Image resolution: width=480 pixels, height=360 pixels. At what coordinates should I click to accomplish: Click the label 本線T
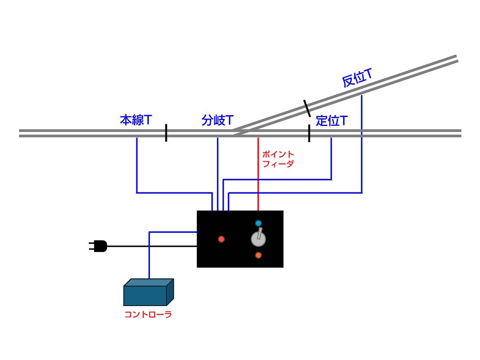point(136,120)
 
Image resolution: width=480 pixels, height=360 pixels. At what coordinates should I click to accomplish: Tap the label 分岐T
point(217,120)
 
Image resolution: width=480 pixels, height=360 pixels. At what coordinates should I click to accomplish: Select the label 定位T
point(331,120)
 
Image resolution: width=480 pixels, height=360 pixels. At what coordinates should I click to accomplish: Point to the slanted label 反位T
point(357,78)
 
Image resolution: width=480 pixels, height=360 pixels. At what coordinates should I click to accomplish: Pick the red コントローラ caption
point(148,314)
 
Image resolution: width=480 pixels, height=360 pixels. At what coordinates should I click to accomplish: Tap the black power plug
point(99,246)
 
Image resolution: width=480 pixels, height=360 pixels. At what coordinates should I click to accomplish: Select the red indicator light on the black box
point(221,239)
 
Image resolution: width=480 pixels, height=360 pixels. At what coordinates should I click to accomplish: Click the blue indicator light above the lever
point(258,223)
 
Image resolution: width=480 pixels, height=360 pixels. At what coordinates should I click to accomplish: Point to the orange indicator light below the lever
point(258,255)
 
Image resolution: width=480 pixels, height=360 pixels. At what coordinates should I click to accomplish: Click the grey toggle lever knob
point(258,239)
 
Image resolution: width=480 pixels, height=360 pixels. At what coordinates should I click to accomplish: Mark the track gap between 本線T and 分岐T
point(166,133)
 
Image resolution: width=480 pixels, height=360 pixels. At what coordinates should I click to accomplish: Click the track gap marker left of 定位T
point(309,133)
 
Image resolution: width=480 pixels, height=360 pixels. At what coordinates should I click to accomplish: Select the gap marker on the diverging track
point(307,108)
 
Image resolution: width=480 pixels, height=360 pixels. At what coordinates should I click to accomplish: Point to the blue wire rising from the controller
point(149,260)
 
